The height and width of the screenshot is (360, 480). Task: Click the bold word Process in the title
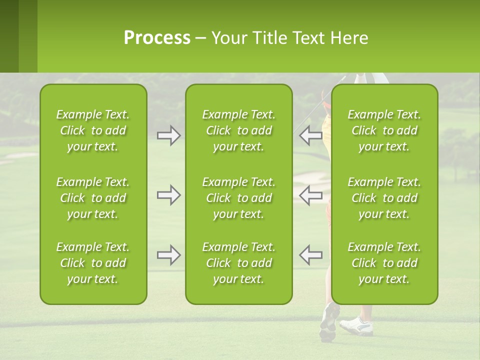157,38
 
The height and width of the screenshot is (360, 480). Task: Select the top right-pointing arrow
168,135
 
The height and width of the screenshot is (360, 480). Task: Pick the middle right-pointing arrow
168,195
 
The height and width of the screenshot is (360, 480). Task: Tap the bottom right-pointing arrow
168,255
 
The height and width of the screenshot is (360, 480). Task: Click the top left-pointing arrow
310,135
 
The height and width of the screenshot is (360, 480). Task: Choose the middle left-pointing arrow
310,195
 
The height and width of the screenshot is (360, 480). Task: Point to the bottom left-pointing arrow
310,255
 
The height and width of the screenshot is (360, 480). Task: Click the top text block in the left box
93,130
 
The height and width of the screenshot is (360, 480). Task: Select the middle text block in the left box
93,198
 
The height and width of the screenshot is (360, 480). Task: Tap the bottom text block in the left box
93,263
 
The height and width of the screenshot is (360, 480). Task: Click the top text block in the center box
238,130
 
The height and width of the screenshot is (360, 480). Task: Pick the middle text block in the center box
238,198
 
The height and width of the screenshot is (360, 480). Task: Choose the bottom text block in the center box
238,263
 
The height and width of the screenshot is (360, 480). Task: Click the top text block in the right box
384,130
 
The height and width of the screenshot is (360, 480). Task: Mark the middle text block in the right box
384,198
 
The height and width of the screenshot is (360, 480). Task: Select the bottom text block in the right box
384,263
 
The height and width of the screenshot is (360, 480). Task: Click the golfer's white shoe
356,325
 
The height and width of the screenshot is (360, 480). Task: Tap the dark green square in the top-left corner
9,36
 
